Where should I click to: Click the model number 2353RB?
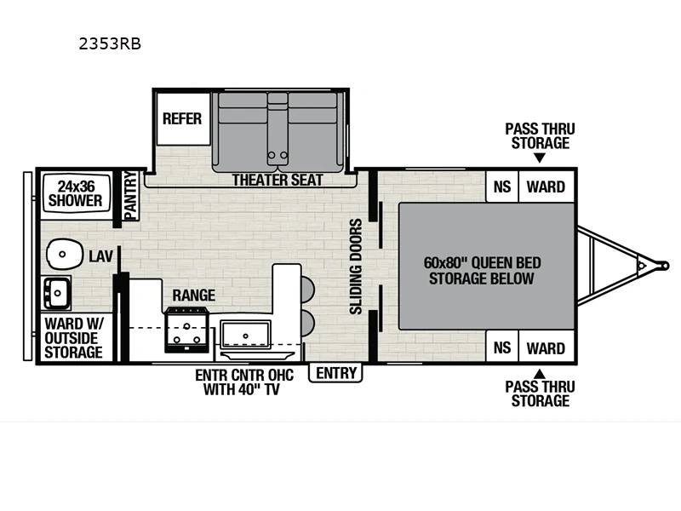[x=110, y=44]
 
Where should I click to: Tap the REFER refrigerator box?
[x=183, y=118]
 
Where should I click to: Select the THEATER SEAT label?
[x=278, y=180]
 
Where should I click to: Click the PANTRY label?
[x=130, y=196]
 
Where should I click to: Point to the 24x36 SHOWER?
[x=76, y=194]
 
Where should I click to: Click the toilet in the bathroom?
[x=65, y=254]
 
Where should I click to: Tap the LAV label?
[x=100, y=256]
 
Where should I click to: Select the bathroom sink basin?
[x=57, y=293]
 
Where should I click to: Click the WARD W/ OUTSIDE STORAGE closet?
[x=74, y=337]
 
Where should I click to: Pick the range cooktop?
[x=186, y=330]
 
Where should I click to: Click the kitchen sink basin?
[x=245, y=335]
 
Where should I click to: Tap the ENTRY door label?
[x=335, y=373]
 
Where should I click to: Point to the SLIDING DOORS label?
[x=356, y=267]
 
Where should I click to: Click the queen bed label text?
[x=482, y=270]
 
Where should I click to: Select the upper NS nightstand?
[x=501, y=187]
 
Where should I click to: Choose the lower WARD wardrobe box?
[x=547, y=347]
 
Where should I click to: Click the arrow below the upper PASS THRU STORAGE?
[x=540, y=158]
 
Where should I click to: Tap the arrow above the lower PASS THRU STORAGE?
[x=540, y=374]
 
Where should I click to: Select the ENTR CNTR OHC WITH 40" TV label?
[x=244, y=382]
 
